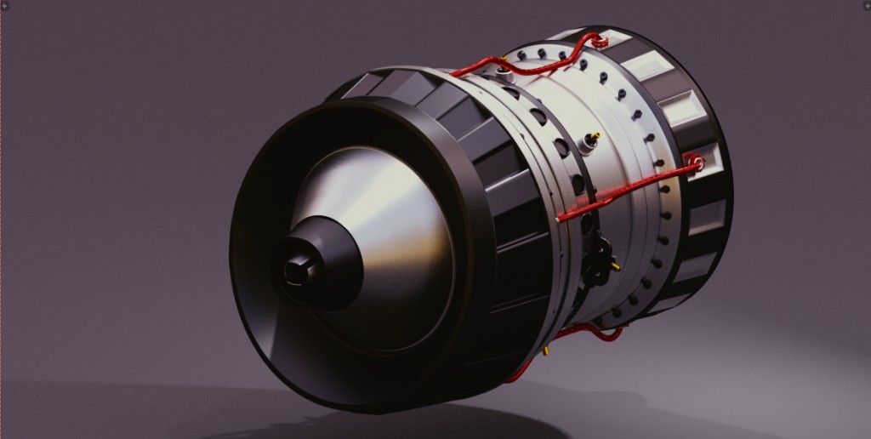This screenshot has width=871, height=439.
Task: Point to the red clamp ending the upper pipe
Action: (600, 40)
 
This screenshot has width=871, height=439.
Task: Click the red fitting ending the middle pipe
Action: (696, 161)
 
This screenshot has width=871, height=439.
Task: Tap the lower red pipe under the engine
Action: (587, 333)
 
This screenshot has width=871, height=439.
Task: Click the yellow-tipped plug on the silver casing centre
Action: (589, 140)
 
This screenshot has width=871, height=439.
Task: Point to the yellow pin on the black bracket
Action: (614, 266)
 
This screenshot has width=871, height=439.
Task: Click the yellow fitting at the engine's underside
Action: (547, 349)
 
